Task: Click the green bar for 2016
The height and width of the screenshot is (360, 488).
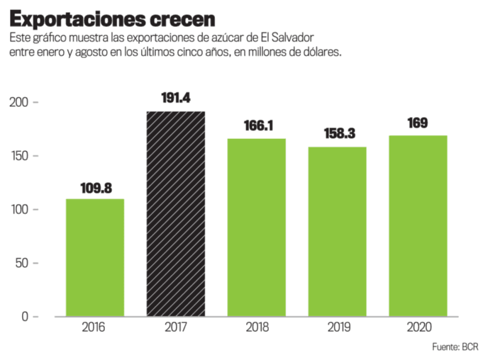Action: [95, 257]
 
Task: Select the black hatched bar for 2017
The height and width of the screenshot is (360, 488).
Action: [175, 214]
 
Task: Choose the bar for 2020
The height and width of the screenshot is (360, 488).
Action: [417, 225]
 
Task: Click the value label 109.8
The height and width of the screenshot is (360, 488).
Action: [95, 189]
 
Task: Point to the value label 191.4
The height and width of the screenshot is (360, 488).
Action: [175, 99]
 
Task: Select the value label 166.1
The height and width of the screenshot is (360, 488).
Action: [256, 127]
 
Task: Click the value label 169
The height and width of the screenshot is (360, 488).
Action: [417, 123]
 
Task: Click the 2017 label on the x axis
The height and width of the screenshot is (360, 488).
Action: [175, 327]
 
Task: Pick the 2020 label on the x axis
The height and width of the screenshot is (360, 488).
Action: [417, 327]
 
